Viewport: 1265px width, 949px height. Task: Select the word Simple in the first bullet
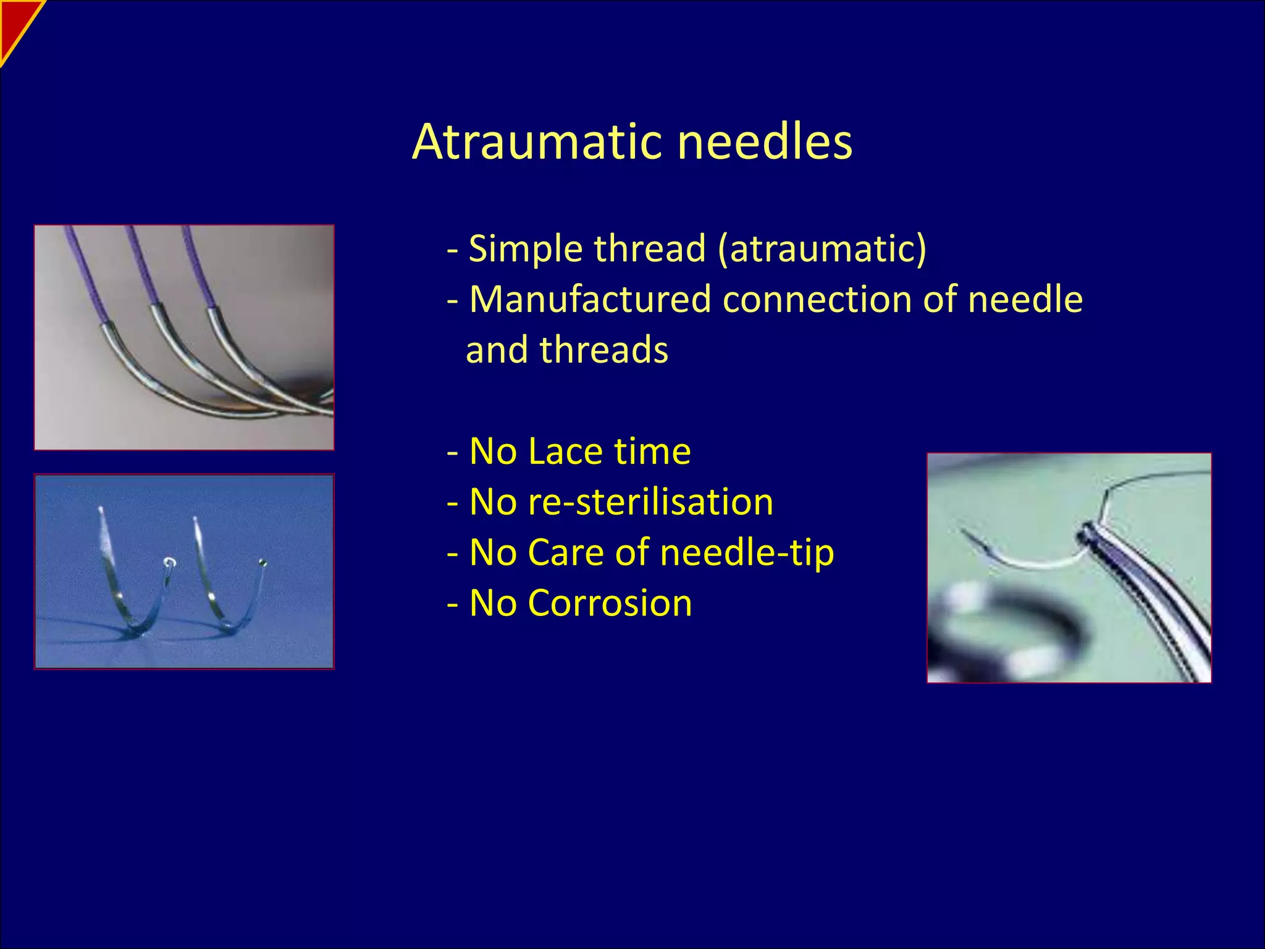tap(525, 248)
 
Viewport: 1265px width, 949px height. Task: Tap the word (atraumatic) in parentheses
tap(822, 248)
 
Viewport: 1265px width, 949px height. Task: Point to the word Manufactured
tap(590, 299)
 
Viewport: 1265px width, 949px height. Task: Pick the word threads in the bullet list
tap(603, 350)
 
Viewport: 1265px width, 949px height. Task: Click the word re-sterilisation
tap(621, 502)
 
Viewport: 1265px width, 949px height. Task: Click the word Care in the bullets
tap(565, 552)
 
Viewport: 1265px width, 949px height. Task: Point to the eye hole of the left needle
tap(169, 563)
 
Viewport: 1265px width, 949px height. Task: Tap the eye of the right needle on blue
tap(263, 563)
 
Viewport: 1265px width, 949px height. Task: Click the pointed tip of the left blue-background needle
tap(101, 510)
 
